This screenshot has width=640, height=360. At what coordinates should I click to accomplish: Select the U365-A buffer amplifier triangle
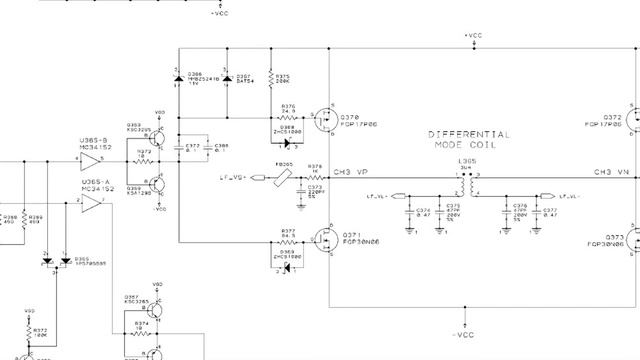(92, 202)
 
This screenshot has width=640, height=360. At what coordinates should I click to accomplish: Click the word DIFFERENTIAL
(469, 134)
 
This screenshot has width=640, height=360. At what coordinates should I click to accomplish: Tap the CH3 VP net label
(352, 172)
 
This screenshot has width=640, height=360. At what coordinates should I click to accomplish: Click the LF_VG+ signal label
(233, 177)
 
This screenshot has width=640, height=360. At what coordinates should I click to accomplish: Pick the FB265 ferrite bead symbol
(286, 177)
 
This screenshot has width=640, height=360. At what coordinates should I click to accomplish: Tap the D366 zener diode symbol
(179, 77)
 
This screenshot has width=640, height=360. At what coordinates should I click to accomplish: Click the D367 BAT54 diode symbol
(228, 77)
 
